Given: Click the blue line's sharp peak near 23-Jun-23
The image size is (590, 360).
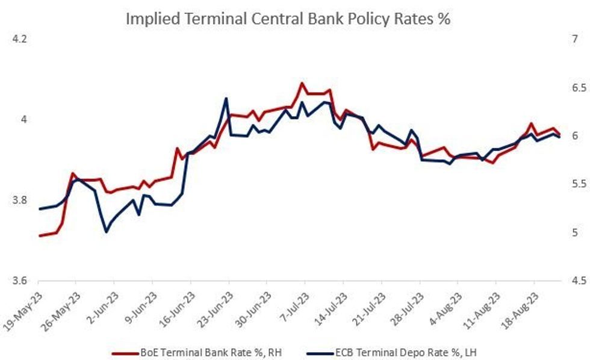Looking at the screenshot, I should click(x=226, y=98).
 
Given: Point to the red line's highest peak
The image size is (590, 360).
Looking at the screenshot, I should click(x=302, y=83).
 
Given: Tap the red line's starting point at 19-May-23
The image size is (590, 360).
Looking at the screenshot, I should click(x=40, y=235).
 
